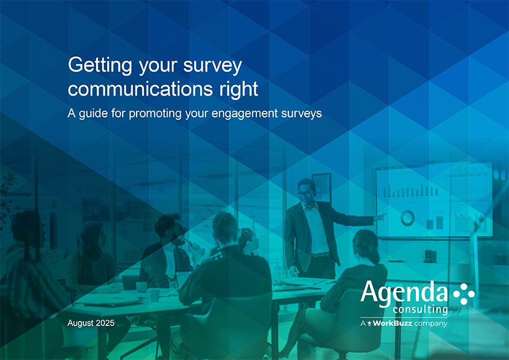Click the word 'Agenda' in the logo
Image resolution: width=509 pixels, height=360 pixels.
coord(404,293)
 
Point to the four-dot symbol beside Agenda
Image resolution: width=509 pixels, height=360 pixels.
coord(464,293)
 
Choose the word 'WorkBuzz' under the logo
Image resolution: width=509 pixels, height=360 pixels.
coord(392,324)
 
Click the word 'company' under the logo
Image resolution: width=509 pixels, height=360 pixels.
coord(430,324)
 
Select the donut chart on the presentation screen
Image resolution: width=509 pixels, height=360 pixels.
coord(407,218)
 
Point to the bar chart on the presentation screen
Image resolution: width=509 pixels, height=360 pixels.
coord(410,191)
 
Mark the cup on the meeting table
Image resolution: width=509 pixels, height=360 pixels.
coord(141,287)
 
